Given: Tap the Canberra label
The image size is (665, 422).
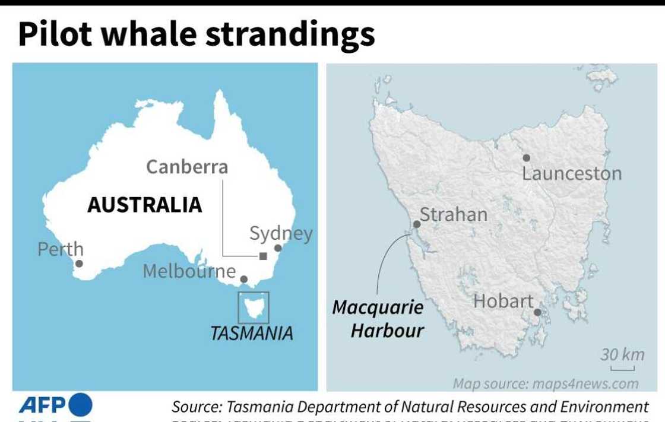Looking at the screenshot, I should click(x=187, y=167).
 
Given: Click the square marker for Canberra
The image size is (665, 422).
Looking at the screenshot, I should click(x=263, y=256).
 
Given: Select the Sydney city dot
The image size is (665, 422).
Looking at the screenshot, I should click(x=277, y=248).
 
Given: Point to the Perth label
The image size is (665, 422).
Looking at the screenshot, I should click(x=61, y=249).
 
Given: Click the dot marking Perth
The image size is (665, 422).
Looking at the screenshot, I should click(x=79, y=264).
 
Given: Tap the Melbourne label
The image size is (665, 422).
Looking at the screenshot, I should click(x=189, y=271).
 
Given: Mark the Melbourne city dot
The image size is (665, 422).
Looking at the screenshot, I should click(x=243, y=279).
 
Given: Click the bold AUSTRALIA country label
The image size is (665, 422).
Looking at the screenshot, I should click(x=145, y=205).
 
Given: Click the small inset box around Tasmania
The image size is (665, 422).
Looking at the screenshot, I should click(x=254, y=307).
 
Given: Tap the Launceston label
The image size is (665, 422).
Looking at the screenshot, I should click(x=571, y=174).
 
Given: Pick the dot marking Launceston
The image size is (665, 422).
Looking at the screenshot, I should click(x=526, y=158).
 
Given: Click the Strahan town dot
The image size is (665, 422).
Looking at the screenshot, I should click(x=417, y=224).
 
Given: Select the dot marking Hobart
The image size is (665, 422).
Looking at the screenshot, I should click(x=537, y=312).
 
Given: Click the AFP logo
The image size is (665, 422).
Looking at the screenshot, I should click(x=56, y=405).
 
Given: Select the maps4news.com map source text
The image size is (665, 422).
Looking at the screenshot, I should click(x=546, y=383).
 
